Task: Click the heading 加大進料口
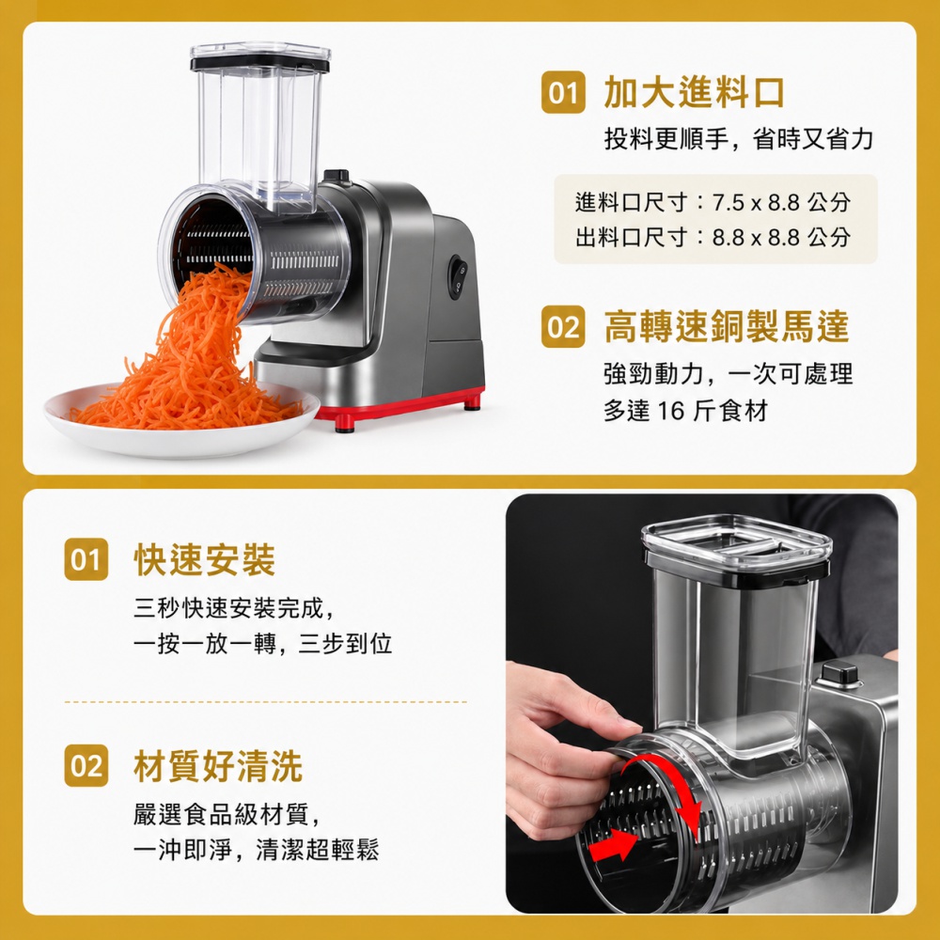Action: (x=694, y=92)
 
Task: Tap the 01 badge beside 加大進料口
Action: (x=563, y=92)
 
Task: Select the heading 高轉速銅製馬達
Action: (x=727, y=327)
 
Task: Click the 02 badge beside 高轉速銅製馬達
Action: (x=563, y=327)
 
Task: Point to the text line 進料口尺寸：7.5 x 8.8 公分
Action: (x=713, y=203)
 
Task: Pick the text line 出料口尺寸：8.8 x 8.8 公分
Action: (x=713, y=238)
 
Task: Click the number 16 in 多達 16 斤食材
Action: (x=671, y=412)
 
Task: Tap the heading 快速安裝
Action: (x=204, y=560)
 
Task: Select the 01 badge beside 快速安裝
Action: (x=86, y=559)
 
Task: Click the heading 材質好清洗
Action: (x=218, y=766)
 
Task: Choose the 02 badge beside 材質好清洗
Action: (x=86, y=765)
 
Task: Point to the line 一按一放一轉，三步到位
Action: (x=262, y=644)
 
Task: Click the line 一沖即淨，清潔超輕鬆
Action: (x=256, y=850)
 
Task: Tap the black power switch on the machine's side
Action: (x=458, y=277)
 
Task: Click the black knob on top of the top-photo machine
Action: (x=337, y=176)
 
